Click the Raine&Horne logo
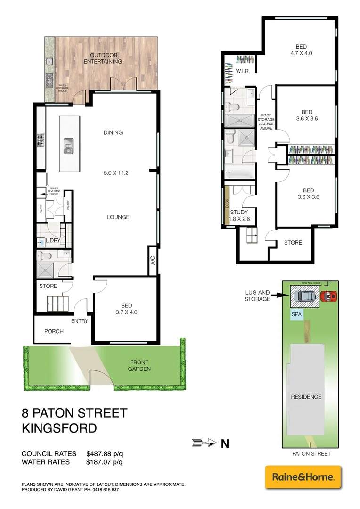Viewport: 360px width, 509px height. coord(303,477)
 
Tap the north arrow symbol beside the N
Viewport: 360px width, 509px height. coord(203,443)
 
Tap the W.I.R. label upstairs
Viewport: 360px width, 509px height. coord(243,71)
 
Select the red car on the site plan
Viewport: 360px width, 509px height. coord(328,296)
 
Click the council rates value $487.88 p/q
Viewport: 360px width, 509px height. coord(104,453)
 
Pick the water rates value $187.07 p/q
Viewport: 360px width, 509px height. coord(104,462)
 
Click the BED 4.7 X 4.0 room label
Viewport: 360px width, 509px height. coord(301,50)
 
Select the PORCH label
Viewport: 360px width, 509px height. coord(54,331)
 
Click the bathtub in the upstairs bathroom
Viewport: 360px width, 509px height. coord(239,173)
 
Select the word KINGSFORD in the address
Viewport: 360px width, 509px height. coord(59,428)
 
